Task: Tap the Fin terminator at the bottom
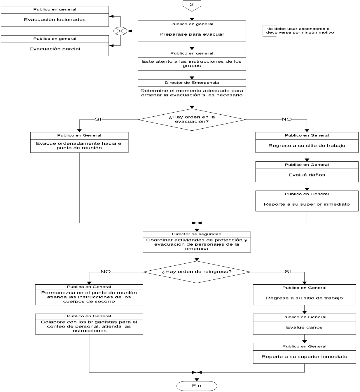197,386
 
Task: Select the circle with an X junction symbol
120,31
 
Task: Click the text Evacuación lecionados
55,20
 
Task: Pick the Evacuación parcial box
55,49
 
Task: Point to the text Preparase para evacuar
192,34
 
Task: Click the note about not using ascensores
300,31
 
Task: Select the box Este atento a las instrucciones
192,64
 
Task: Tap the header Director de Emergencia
192,83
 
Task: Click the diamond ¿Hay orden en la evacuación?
192,119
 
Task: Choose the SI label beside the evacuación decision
98,119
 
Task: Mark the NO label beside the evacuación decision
286,119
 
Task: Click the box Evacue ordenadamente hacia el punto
79,146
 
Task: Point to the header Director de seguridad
197,234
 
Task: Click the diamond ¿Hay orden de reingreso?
197,272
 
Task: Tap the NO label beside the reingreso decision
105,272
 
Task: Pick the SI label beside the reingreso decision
288,272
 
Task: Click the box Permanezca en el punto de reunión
89,297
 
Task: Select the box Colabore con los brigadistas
89,326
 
